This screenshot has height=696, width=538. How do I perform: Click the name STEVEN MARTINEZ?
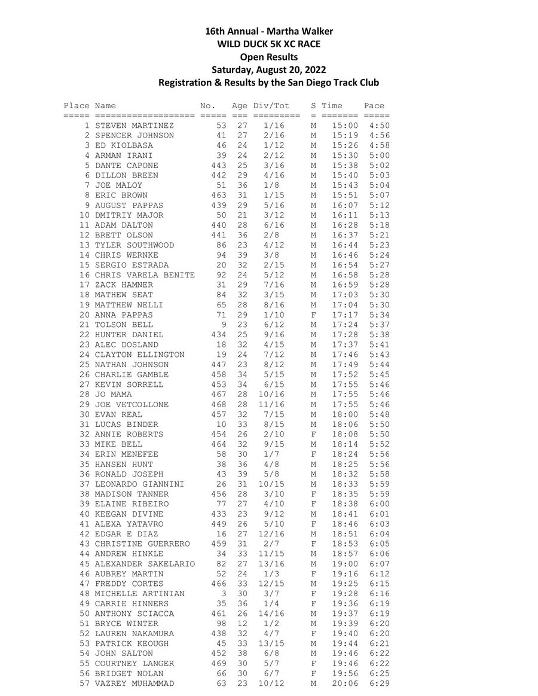(134, 126)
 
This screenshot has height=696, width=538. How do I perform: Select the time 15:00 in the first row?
(345, 126)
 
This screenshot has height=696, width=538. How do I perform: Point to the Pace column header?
(374, 106)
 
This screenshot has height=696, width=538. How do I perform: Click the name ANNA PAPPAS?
(124, 315)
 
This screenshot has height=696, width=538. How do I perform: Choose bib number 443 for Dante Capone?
(218, 166)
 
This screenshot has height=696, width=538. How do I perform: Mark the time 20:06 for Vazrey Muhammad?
(345, 683)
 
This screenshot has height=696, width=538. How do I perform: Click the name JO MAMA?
(113, 395)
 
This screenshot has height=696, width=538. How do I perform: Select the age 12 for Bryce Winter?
(242, 624)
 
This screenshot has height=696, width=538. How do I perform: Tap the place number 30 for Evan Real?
(84, 414)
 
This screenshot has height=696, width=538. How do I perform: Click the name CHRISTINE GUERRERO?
(142, 544)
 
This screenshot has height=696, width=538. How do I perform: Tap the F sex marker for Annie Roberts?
(313, 435)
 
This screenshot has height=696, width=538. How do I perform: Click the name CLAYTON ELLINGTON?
(139, 355)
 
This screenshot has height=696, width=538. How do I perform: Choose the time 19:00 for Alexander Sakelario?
(345, 564)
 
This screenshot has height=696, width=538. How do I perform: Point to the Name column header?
(105, 106)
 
